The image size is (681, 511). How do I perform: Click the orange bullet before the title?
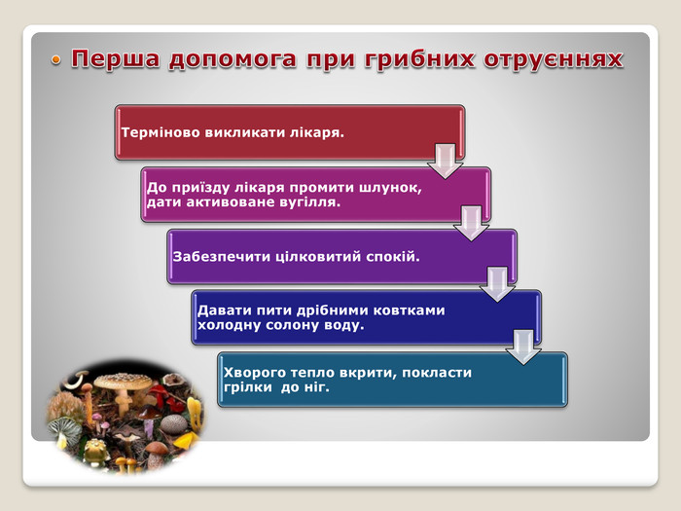click(x=55, y=60)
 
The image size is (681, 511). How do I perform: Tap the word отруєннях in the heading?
click(x=553, y=59)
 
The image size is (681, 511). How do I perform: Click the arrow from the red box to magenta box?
click(x=446, y=161)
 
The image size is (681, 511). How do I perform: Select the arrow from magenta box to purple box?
click(x=471, y=223)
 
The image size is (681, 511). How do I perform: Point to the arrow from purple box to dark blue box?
click(x=497, y=284)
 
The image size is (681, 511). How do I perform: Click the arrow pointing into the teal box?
click(x=523, y=347)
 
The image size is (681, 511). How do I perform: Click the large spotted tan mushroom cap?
click(x=123, y=382)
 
